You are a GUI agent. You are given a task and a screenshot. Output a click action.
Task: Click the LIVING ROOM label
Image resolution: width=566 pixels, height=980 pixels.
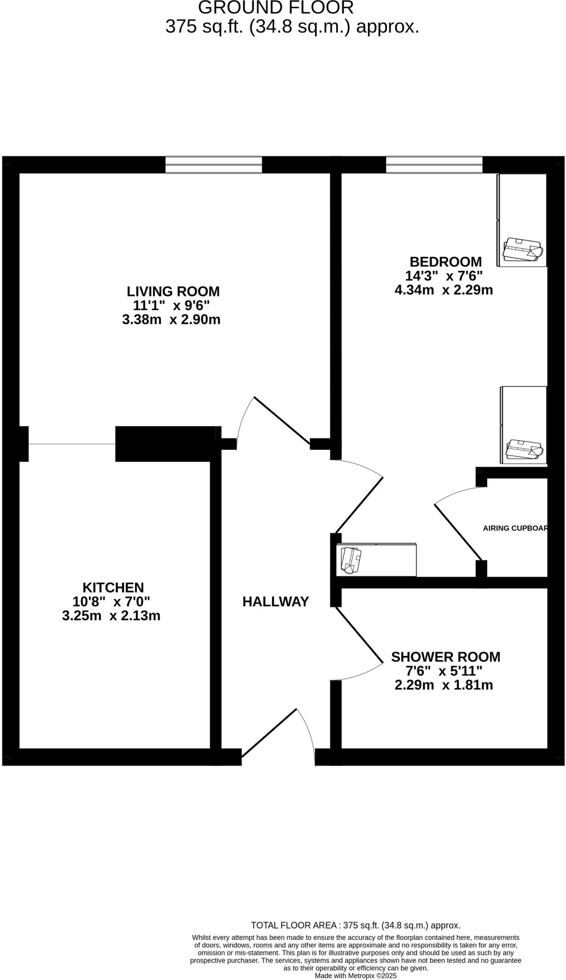tap(173, 291)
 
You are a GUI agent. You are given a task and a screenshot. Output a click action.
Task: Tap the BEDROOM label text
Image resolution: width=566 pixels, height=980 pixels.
tap(445, 262)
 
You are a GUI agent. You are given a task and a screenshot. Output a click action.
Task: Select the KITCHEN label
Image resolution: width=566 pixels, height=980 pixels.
tap(113, 587)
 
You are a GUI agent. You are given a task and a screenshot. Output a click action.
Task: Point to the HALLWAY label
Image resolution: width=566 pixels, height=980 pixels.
tap(275, 601)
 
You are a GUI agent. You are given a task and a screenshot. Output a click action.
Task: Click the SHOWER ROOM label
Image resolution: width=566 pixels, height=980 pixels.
tap(445, 657)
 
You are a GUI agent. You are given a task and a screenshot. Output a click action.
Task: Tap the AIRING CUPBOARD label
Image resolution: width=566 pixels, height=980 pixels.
tap(515, 528)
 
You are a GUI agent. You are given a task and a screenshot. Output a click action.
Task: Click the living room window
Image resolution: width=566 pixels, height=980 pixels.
tap(214, 165)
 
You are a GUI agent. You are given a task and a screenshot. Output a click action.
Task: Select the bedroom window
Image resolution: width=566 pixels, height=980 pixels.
tap(434, 165)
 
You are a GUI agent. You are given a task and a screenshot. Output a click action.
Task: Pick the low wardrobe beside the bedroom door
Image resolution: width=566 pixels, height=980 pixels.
tap(376, 560)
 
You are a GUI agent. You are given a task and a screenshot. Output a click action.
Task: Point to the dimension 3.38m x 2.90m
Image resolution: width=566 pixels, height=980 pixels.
tap(171, 320)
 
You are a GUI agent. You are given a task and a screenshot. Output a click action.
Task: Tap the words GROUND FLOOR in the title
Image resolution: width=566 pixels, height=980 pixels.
tap(276, 8)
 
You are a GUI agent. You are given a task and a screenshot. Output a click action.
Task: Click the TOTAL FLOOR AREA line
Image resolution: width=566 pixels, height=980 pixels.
tap(355, 925)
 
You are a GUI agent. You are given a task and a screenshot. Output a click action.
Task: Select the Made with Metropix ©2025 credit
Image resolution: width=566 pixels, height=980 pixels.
tap(355, 975)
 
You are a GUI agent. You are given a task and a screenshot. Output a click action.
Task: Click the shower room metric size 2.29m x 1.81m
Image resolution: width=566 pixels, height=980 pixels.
tap(443, 685)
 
